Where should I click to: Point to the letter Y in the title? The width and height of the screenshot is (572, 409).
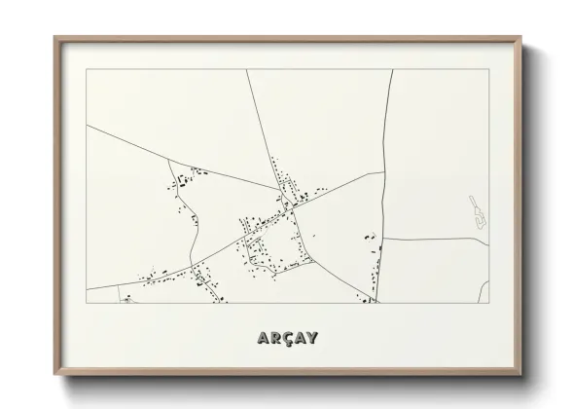(x=310, y=338)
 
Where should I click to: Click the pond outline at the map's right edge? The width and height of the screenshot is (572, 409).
(x=477, y=214)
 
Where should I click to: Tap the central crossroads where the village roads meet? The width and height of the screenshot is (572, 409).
(x=291, y=205)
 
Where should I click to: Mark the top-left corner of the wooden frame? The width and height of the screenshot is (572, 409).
(x=54, y=38)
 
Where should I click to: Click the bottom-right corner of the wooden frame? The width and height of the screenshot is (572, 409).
(x=522, y=374)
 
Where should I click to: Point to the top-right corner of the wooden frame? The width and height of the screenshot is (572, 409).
(x=522, y=38)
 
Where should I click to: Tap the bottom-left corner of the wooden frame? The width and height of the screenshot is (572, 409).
(x=54, y=374)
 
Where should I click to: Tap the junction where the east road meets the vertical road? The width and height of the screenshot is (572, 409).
(x=383, y=239)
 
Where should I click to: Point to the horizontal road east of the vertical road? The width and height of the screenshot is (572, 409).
(x=433, y=239)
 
